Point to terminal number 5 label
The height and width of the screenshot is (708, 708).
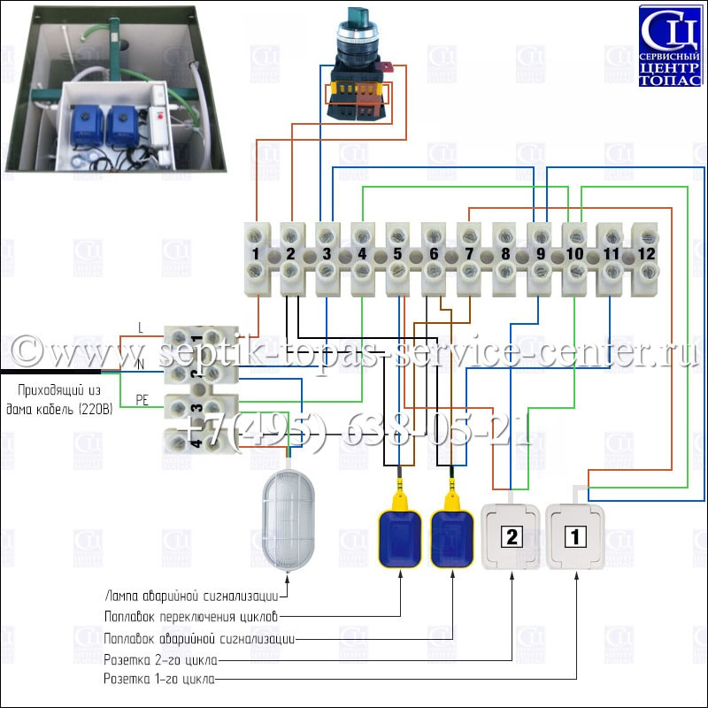pyautogui.click(x=397, y=254)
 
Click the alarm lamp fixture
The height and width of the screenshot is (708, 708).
pyautogui.click(x=289, y=520)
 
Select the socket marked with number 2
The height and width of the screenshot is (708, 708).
pyautogui.click(x=511, y=536)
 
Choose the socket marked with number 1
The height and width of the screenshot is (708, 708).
pyautogui.click(x=574, y=536)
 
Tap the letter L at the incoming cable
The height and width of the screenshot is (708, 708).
pyautogui.click(x=141, y=327)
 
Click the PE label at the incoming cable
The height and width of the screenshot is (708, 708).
pyautogui.click(x=142, y=400)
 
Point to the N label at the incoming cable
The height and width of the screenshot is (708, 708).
pyautogui.click(x=141, y=364)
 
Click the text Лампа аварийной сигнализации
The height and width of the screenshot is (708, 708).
pyautogui.click(x=191, y=596)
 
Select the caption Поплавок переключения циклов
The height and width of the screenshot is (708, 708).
pyautogui.click(x=191, y=617)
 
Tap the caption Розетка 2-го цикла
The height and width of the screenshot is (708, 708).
pyautogui.click(x=161, y=660)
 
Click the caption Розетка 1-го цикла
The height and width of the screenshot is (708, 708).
pyautogui.click(x=159, y=679)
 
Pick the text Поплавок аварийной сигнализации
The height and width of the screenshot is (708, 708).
pyautogui.click(x=199, y=639)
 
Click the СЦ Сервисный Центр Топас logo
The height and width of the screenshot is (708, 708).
pyautogui.click(x=670, y=45)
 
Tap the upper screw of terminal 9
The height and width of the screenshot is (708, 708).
pyautogui.click(x=540, y=235)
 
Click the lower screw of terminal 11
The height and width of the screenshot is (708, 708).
pyautogui.click(x=611, y=272)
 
